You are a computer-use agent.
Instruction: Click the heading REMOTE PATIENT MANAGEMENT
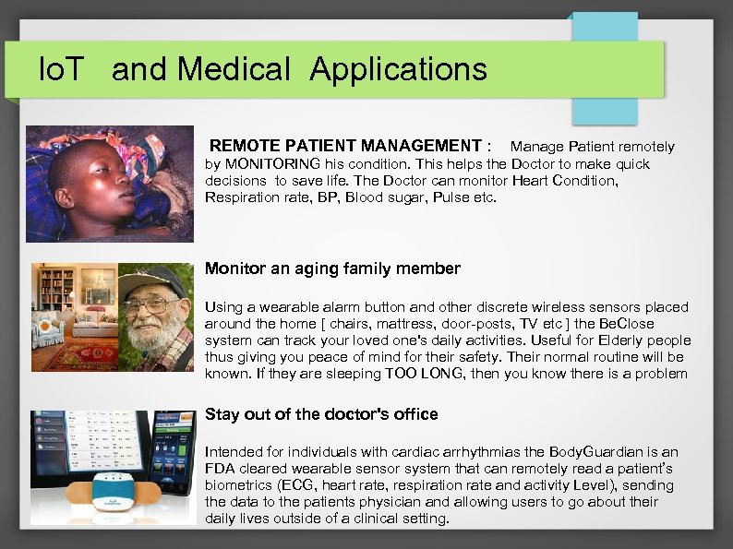pyautogui.click(x=345, y=146)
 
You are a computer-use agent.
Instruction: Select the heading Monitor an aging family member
pyautogui.click(x=332, y=269)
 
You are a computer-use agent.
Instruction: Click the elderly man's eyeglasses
pyautogui.click(x=150, y=304)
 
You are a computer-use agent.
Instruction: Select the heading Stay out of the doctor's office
pyautogui.click(x=321, y=414)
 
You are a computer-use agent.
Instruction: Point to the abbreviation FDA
pyautogui.click(x=220, y=469)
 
